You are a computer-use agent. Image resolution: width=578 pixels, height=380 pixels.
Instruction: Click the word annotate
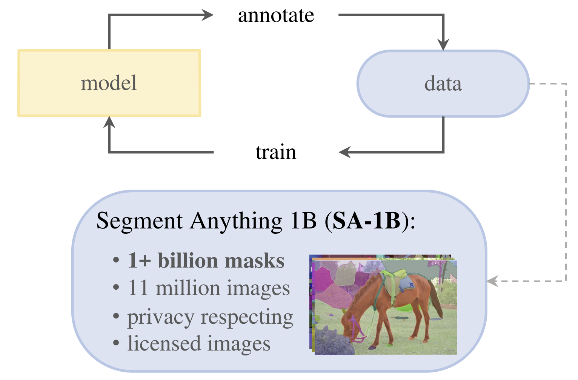(276, 15)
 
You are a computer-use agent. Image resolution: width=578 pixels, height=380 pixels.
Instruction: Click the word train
(276, 152)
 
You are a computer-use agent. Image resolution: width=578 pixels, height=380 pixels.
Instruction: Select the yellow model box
(109, 83)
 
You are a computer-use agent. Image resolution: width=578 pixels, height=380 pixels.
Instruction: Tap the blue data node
(443, 83)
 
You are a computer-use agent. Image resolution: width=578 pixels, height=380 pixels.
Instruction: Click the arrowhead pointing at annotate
(208, 15)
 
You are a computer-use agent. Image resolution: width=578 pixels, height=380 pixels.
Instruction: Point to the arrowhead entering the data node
(443, 45)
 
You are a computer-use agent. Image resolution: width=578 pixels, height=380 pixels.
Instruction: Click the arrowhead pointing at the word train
(345, 152)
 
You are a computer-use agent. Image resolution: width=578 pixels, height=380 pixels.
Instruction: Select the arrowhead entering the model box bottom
(109, 122)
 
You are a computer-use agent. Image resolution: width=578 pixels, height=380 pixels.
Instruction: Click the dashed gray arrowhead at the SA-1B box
(492, 281)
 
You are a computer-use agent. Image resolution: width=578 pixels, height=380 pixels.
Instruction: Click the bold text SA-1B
(366, 221)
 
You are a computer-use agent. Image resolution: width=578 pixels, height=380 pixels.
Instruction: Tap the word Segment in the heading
(140, 221)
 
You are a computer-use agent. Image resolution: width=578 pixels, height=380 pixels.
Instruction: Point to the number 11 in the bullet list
(138, 287)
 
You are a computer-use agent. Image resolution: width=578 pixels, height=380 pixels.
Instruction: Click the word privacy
(161, 317)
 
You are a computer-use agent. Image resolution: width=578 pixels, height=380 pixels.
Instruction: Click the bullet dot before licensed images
(116, 343)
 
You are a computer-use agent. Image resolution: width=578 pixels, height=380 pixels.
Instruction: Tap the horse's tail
(437, 300)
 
